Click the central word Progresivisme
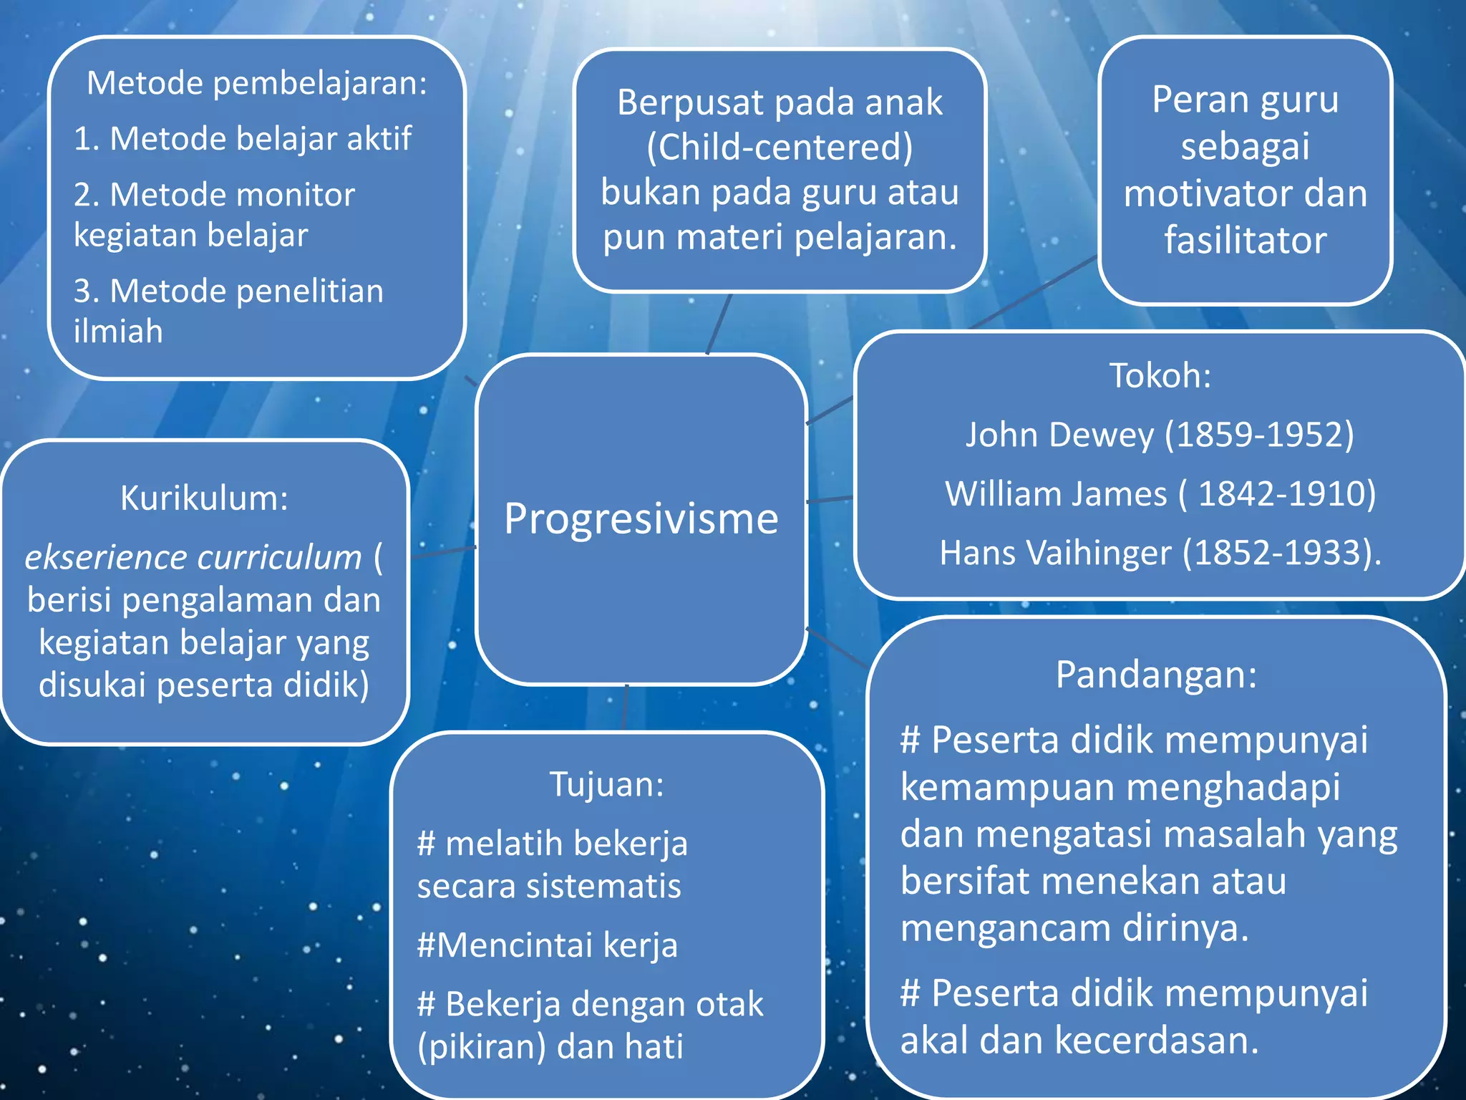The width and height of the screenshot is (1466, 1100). point(641,518)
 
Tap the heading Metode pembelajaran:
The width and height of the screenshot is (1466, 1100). point(257,83)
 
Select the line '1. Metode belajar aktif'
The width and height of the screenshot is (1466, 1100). point(243,138)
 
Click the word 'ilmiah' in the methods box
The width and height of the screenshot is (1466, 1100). point(118,332)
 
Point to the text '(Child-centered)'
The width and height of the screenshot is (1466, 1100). point(780,148)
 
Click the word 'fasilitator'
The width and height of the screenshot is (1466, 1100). point(1245,240)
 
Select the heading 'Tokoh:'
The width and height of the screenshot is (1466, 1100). point(1160,376)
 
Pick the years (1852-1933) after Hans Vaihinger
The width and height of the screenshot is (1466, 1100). point(1281,553)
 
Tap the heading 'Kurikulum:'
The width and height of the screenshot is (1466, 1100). point(204,498)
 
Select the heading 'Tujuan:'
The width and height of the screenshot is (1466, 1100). point(606,784)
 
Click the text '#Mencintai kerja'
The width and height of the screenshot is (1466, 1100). point(547,945)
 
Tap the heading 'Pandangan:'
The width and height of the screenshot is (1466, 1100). point(1156,675)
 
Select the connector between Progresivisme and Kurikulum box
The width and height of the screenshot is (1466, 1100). point(444,552)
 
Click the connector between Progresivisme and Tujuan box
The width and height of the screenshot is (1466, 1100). point(626,708)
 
